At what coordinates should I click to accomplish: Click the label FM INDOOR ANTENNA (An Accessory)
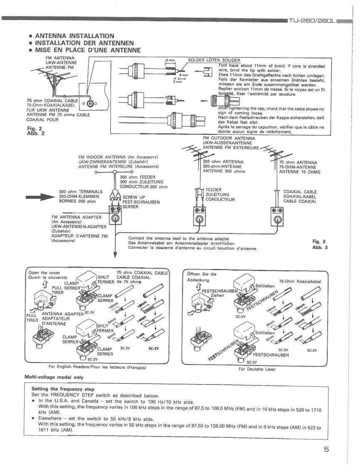120,157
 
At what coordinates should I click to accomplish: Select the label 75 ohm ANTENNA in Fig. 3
298,162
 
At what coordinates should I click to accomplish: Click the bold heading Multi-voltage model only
55,377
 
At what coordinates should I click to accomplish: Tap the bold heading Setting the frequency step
63,389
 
